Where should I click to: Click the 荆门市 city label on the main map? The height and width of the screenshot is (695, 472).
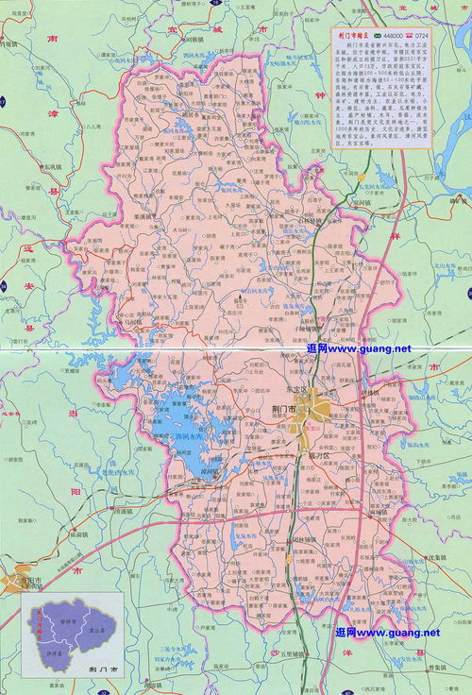point(283,407)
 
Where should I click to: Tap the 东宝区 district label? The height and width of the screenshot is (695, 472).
point(300,388)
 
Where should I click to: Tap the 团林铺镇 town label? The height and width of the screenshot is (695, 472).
point(306,540)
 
